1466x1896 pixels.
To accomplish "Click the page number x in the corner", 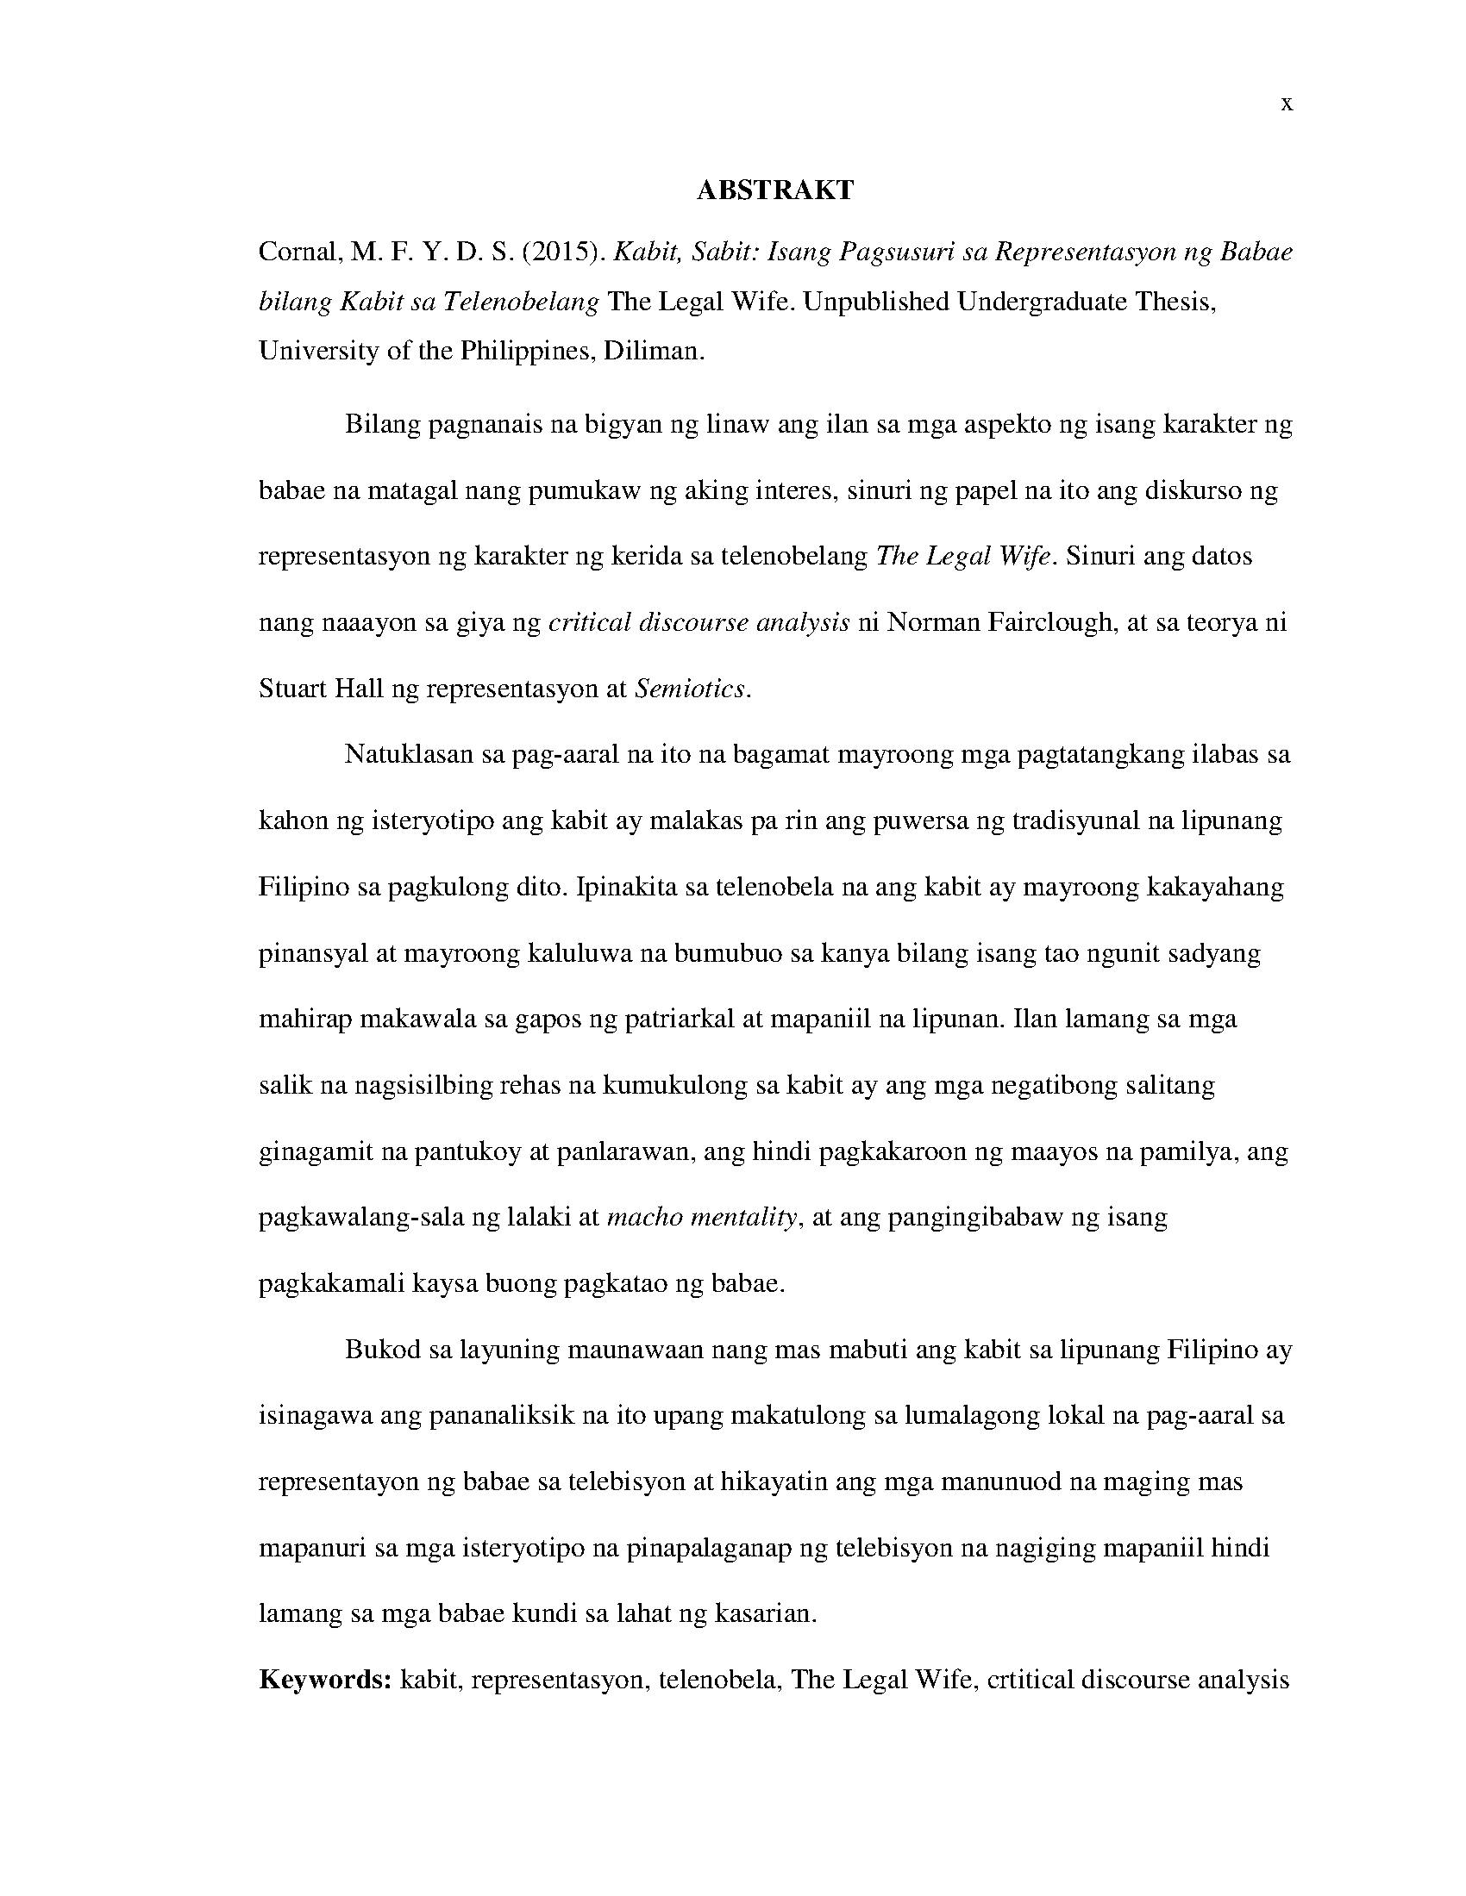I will (1287, 105).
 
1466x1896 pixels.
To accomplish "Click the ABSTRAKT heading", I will (774, 190).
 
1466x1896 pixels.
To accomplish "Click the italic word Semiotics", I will (691, 689).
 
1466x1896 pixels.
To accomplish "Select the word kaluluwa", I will (581, 953).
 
